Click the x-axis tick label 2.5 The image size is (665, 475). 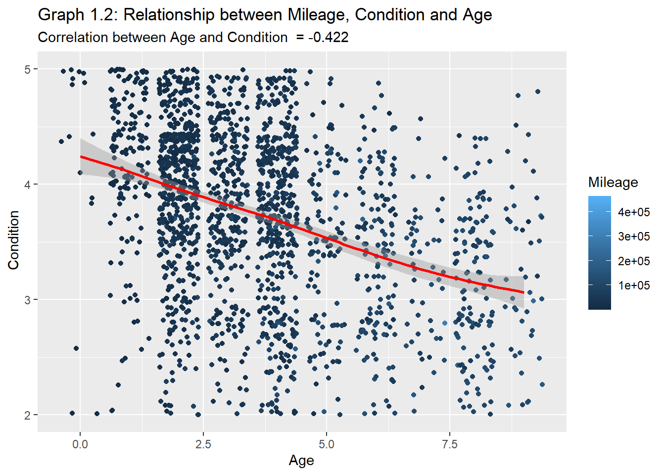click(x=203, y=444)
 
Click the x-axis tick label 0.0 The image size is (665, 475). click(x=80, y=444)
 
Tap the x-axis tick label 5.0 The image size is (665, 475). click(x=326, y=444)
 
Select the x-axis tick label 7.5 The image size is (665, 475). click(x=449, y=444)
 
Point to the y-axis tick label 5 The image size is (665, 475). click(x=28, y=69)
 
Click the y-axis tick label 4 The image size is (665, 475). click(x=28, y=185)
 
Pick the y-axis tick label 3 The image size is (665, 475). click(x=28, y=300)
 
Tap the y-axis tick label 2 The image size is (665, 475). click(x=28, y=415)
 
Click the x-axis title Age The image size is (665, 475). click(x=301, y=461)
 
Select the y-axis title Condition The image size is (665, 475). click(x=13, y=240)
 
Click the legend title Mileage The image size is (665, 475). click(x=613, y=183)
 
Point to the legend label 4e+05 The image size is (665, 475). click(x=634, y=212)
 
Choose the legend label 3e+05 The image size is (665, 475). click(x=634, y=237)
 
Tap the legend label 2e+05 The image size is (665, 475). click(x=634, y=261)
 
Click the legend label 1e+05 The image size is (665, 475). click(x=634, y=285)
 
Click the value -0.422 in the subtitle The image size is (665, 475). click(x=328, y=38)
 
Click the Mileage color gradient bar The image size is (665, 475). click(x=599, y=252)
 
